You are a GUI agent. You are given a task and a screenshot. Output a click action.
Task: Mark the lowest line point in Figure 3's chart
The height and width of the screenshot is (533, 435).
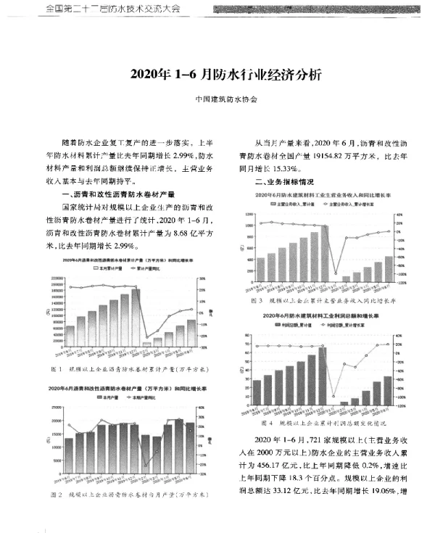(x=334, y=276)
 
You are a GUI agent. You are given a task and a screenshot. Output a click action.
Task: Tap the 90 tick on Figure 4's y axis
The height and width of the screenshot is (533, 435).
(x=249, y=336)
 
